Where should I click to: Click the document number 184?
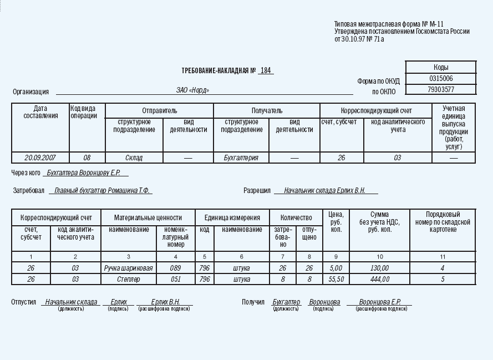266,70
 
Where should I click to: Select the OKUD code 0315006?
441,79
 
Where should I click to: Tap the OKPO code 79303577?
441,89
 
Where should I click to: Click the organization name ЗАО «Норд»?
193,90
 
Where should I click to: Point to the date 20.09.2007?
40,158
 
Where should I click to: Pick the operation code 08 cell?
87,158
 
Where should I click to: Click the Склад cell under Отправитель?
134,158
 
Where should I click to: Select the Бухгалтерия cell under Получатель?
241,158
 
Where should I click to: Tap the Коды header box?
441,67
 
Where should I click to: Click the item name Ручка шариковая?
128,268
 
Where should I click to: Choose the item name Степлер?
128,280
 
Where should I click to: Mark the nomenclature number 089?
176,268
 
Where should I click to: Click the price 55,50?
336,280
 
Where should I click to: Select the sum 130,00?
379,268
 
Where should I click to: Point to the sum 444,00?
379,280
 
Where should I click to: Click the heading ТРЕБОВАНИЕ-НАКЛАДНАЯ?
218,71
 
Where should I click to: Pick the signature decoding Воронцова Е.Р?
379,302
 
